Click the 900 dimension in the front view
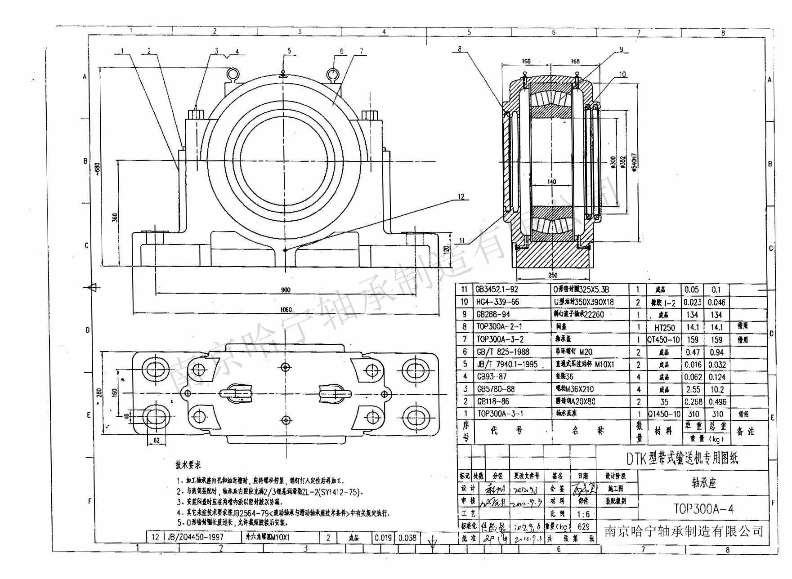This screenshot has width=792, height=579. [285, 290]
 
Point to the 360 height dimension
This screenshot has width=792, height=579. [115, 217]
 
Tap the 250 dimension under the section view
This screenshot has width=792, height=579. [553, 275]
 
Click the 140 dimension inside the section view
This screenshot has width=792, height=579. [552, 182]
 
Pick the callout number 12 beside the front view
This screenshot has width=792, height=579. [461, 196]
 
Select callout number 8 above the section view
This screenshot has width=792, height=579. [459, 49]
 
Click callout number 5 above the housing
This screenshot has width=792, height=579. [289, 51]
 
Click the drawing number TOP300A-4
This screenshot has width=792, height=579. [704, 508]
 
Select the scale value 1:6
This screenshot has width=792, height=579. [583, 514]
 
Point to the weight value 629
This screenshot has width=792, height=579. [583, 526]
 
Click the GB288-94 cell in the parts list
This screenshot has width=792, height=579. [493, 314]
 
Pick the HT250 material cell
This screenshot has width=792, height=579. [664, 328]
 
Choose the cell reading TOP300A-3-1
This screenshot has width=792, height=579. [500, 413]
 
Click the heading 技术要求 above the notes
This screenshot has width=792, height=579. [188, 465]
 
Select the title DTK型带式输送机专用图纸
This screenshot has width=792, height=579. [682, 458]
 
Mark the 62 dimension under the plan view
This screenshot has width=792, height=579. [157, 441]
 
